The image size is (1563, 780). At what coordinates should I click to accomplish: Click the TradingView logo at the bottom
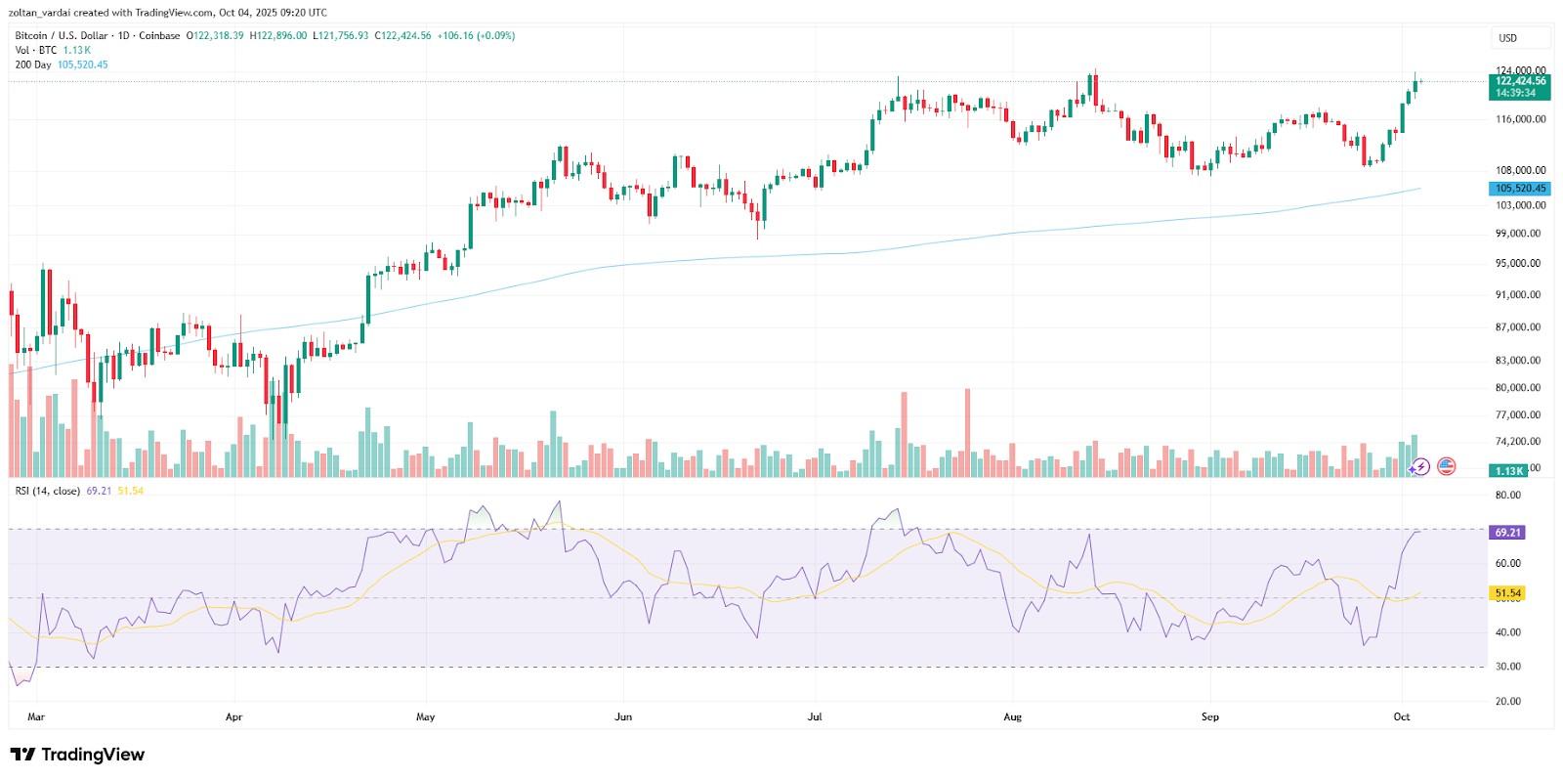pos(77,755)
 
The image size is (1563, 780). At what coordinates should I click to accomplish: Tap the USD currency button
pos(1508,38)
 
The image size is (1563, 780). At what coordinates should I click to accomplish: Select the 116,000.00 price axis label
pos(1520,119)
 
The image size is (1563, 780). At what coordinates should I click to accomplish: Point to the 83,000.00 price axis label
pos(1520,361)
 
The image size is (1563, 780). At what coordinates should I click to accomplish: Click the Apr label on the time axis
pos(233,716)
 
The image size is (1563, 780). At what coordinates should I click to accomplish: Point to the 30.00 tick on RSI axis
pos(1508,667)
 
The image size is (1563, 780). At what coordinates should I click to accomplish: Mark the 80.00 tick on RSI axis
pos(1508,496)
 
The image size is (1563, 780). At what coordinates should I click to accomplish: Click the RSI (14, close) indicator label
pos(48,491)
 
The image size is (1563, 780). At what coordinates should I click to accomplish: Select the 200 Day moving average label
pos(33,65)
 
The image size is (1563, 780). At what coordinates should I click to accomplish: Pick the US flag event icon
pos(1446,466)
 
